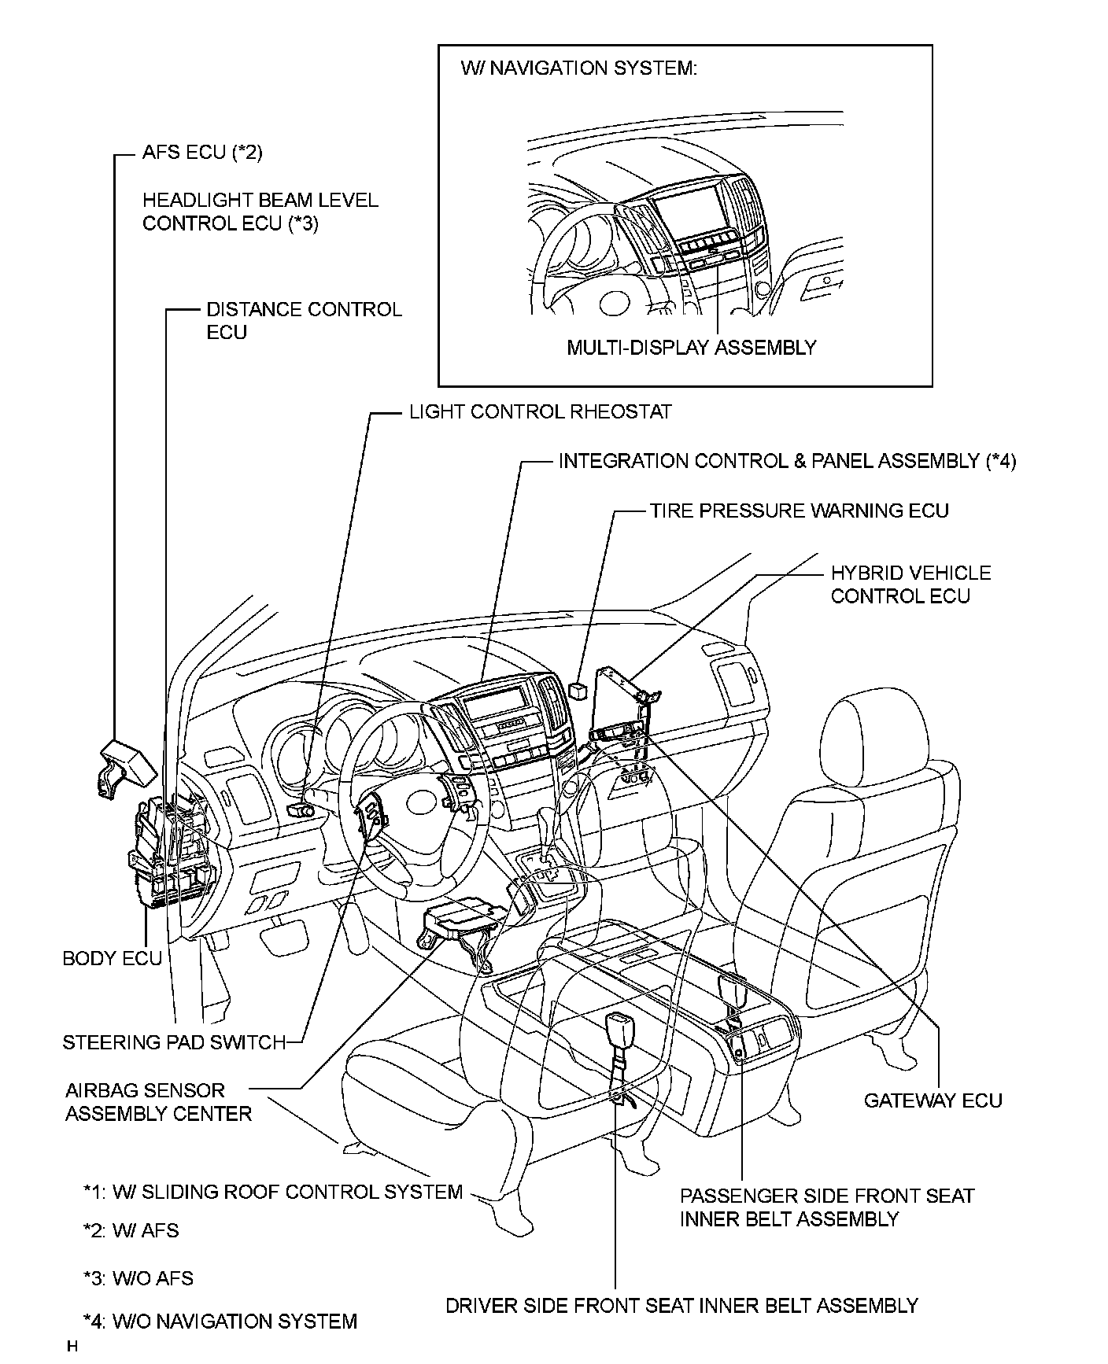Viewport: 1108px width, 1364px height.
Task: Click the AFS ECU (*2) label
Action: [202, 152]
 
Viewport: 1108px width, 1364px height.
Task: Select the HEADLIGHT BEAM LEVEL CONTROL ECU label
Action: [260, 212]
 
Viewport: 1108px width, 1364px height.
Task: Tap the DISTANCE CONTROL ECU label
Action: [303, 321]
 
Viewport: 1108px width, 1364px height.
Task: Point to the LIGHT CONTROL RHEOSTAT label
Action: [540, 412]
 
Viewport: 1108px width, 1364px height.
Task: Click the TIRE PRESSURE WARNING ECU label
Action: [799, 511]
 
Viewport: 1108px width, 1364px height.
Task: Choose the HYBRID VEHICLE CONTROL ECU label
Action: [910, 584]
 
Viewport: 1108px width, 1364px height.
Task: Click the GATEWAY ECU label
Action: [933, 1100]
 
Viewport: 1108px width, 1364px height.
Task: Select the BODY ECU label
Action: [112, 958]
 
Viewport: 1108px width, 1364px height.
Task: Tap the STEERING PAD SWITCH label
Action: [174, 1042]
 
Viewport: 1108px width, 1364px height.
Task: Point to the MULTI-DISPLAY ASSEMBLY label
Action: [691, 347]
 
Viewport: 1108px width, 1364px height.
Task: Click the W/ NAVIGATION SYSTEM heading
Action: [578, 68]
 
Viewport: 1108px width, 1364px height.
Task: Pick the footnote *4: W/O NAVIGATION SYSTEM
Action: [220, 1322]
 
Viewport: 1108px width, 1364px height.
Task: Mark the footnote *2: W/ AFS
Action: [131, 1230]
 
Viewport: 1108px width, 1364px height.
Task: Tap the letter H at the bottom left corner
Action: [72, 1346]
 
